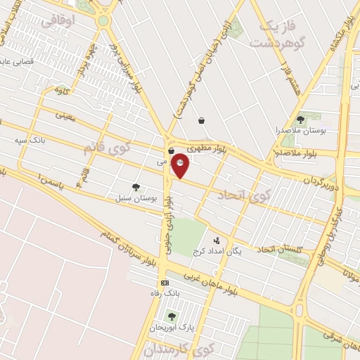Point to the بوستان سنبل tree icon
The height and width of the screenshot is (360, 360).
pos(136,187)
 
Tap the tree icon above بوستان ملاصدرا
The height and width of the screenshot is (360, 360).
pos(301,120)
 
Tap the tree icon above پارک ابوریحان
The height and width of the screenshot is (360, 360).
pos(172,316)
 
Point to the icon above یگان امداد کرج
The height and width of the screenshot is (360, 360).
pos(217,240)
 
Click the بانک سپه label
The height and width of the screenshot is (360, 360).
pos(32,140)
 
